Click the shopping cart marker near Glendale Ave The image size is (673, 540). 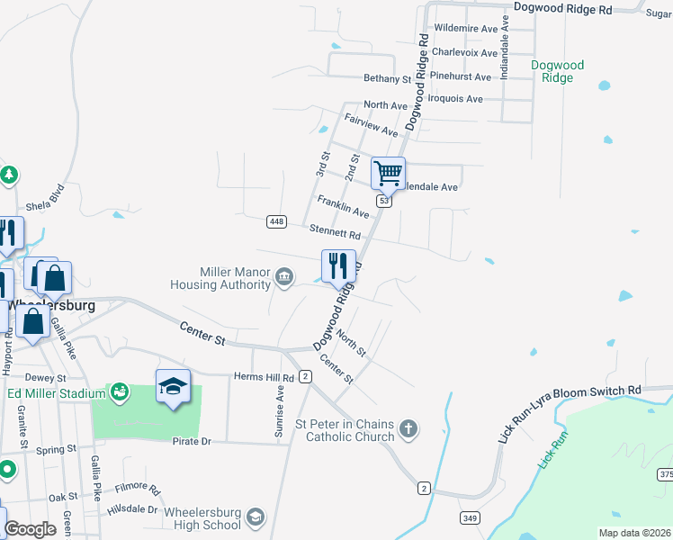(x=388, y=172)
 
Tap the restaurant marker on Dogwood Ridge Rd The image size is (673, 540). (x=338, y=265)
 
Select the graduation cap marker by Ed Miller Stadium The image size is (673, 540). (x=173, y=386)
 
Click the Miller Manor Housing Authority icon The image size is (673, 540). (x=284, y=276)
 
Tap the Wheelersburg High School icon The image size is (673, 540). (x=256, y=517)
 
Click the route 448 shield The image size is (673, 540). (x=276, y=221)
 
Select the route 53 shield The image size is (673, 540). (x=384, y=202)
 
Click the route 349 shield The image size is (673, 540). (x=470, y=517)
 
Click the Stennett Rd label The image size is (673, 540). (x=335, y=230)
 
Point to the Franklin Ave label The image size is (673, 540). (x=343, y=207)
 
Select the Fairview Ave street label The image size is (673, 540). (x=371, y=125)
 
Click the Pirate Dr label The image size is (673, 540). (x=192, y=441)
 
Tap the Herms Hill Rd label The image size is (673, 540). (x=264, y=377)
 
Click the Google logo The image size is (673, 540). (x=30, y=529)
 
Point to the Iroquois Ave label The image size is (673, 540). (x=455, y=99)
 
